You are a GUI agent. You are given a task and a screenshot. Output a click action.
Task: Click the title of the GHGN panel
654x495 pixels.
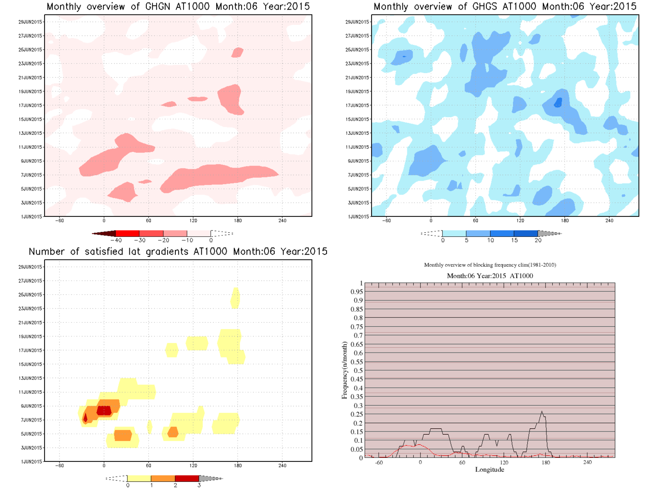pyautogui.click(x=178, y=7)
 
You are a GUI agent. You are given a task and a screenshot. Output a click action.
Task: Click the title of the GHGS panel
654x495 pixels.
pyautogui.click(x=505, y=7)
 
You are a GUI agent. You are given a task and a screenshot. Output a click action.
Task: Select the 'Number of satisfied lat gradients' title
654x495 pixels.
pyautogui.click(x=178, y=252)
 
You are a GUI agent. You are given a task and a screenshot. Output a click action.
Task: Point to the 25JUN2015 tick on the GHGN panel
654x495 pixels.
pyautogui.click(x=30, y=50)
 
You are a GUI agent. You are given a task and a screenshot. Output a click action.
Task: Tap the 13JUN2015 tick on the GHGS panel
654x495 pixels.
pyautogui.click(x=357, y=133)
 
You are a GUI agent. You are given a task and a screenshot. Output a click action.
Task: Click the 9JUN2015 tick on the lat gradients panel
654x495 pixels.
pyautogui.click(x=31, y=406)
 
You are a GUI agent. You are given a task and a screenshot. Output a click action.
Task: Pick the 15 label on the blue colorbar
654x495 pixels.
pyautogui.click(x=514, y=240)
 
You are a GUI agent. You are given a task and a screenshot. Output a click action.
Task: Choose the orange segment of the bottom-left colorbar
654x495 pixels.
pyautogui.click(x=163, y=478)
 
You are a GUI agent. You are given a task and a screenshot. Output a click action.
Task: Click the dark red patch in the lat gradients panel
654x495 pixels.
pyautogui.click(x=104, y=411)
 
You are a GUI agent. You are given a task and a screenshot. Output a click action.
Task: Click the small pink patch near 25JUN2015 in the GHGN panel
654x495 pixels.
pyautogui.click(x=237, y=53)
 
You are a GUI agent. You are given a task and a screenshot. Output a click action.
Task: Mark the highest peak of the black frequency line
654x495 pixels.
pyautogui.click(x=542, y=412)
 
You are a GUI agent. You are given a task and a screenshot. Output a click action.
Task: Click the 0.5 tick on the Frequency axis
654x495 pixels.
pyautogui.click(x=358, y=371)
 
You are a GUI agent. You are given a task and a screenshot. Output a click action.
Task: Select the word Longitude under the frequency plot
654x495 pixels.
pyautogui.click(x=490, y=470)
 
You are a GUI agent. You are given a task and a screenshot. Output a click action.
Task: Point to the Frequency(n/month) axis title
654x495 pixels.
pyautogui.click(x=344, y=371)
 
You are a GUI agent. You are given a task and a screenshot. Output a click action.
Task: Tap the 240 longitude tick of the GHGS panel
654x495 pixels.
pyautogui.click(x=609, y=221)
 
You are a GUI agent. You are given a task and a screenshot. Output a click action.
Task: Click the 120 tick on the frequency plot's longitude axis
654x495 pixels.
pyautogui.click(x=504, y=463)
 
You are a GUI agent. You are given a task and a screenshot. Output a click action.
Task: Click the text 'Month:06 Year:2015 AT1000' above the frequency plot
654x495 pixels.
pyautogui.click(x=490, y=276)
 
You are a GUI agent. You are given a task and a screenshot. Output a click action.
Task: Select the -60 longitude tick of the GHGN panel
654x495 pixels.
pyautogui.click(x=59, y=221)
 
